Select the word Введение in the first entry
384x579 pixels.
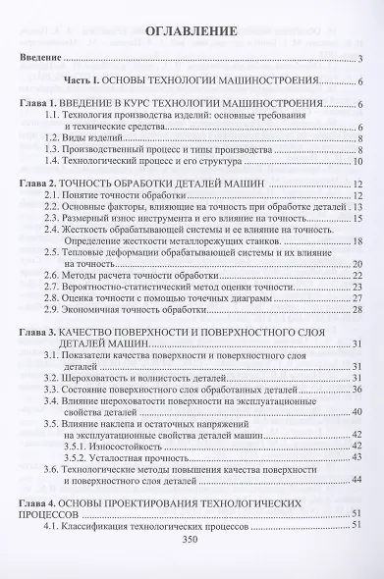tap(41, 61)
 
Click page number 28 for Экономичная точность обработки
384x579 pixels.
tap(358, 310)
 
